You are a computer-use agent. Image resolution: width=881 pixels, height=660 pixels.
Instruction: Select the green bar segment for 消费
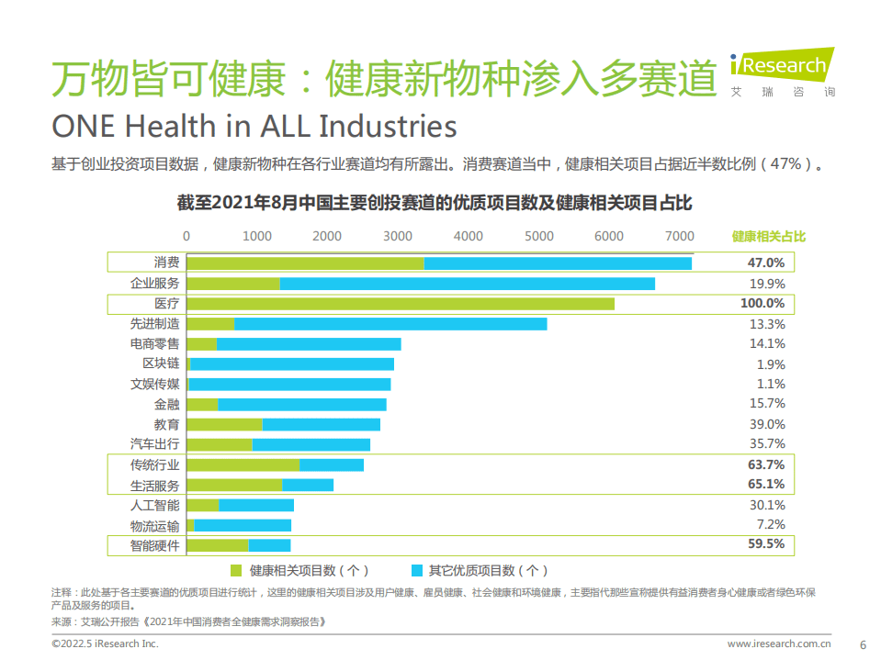306,263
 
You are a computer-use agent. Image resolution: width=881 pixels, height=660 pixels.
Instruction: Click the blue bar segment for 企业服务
467,284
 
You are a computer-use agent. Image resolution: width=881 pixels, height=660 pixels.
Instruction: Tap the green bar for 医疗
401,304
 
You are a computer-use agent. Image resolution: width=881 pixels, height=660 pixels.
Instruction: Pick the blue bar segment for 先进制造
390,324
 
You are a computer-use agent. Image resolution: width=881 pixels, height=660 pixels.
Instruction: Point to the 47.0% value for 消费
766,263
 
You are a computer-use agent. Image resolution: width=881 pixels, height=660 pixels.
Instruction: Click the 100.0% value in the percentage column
762,304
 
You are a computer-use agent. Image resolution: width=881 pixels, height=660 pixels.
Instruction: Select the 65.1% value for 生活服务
766,484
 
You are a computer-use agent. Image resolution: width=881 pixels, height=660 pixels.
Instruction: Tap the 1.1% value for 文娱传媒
770,384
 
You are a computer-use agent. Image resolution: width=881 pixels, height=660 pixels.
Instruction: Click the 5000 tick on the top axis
538,236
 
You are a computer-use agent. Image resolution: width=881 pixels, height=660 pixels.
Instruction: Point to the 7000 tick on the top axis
679,236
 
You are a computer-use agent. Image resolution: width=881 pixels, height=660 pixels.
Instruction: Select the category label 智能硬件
154,544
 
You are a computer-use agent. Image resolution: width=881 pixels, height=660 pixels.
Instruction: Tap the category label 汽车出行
154,444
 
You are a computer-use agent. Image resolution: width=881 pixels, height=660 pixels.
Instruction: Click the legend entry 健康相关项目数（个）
300,570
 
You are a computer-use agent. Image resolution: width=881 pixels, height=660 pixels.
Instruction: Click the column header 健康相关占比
768,236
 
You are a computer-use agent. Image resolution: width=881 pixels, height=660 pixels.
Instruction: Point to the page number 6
862,643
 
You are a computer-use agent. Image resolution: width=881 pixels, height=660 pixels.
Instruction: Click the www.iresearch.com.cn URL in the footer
780,644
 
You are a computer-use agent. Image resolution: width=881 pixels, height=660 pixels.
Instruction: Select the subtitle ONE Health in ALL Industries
254,126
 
